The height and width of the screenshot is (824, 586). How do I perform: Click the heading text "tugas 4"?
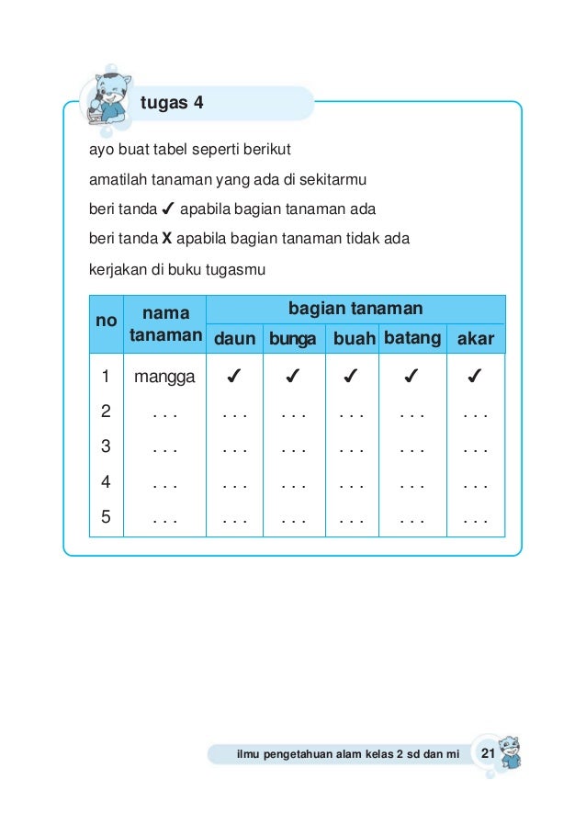pos(172,103)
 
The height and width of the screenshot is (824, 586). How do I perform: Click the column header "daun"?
pos(234,340)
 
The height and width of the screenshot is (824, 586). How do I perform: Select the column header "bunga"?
pos(293,340)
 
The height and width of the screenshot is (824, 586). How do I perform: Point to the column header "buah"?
pos(354,340)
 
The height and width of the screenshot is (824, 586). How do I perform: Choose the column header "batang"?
pos(411,338)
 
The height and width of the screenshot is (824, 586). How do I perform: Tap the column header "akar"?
pos(476,340)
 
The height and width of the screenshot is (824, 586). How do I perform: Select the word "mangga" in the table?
pos(164,376)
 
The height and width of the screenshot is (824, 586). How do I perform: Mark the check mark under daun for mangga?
pos(234,376)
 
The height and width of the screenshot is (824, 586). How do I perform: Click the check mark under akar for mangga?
pos(476,376)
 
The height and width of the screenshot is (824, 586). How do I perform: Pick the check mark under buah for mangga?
pos(353,376)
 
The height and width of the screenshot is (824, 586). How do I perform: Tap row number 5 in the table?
pos(107,515)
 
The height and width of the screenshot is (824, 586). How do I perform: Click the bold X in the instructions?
pos(167,240)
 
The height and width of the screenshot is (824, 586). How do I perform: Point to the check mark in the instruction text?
pos(168,209)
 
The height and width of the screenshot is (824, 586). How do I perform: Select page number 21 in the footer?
pos(487,754)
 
